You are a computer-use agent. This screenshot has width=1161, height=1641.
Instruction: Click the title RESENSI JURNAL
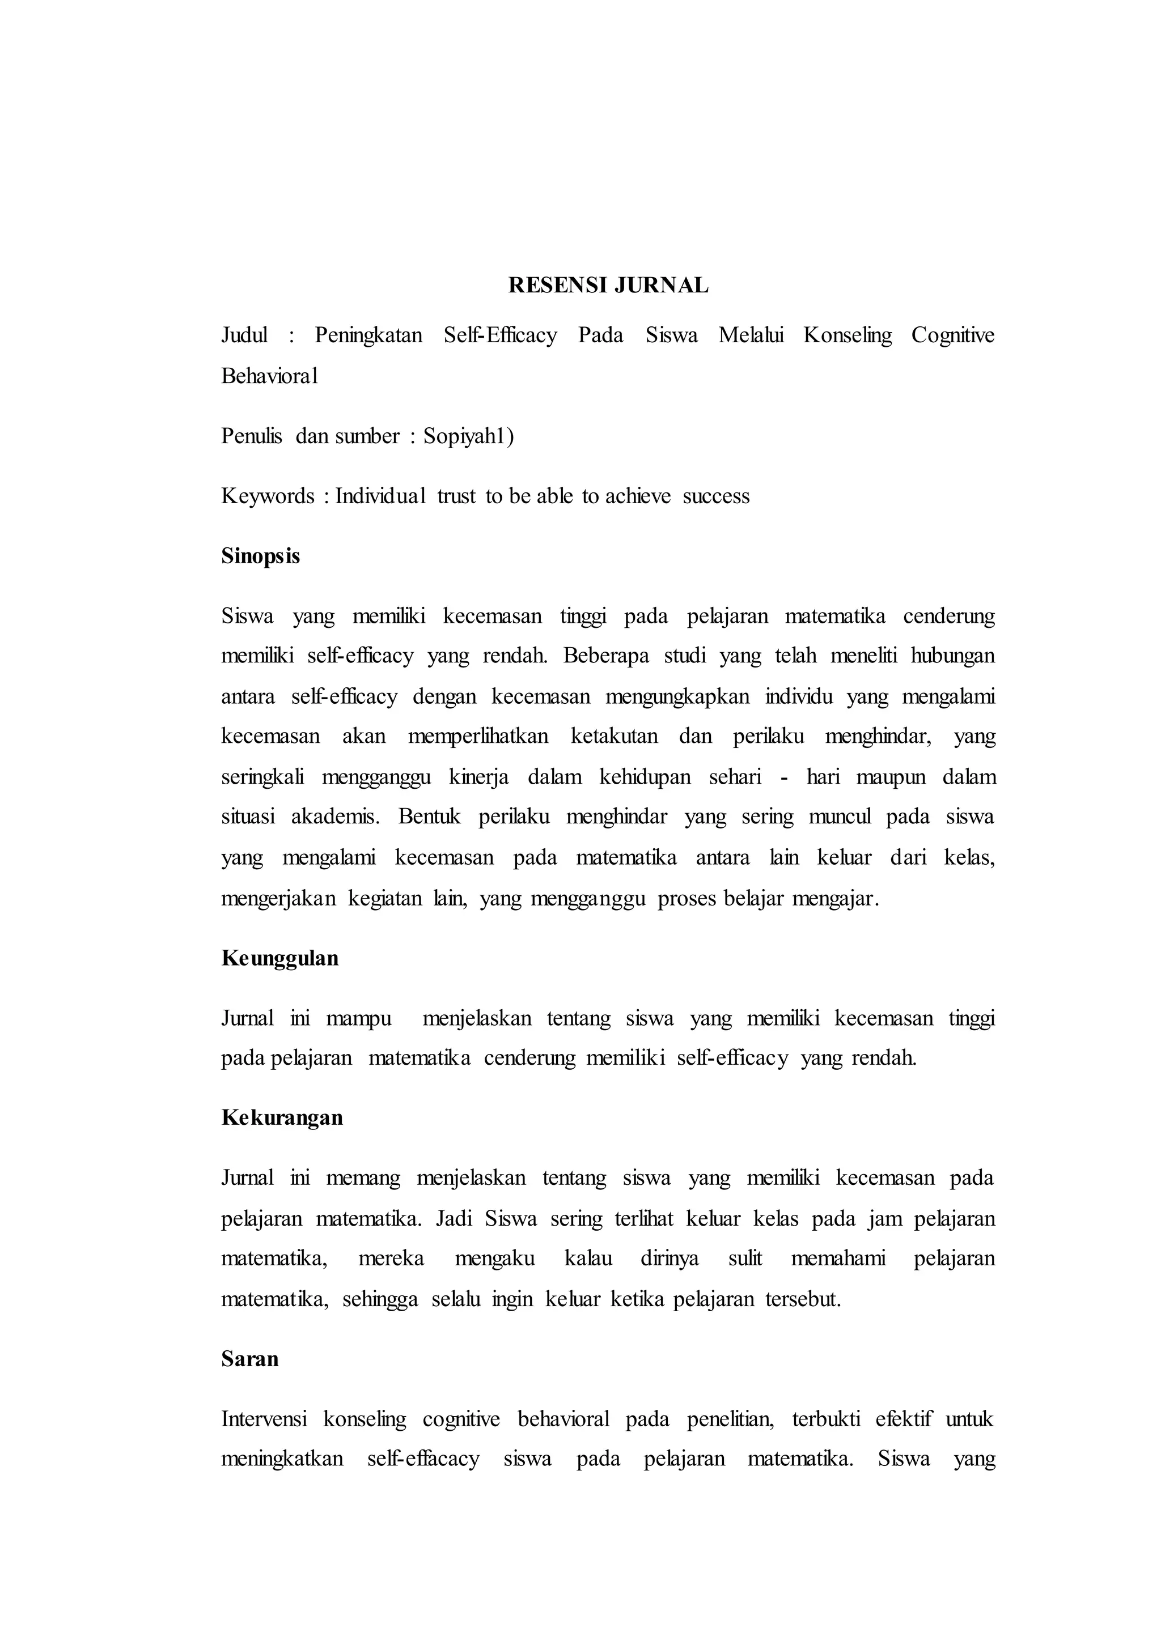(608, 285)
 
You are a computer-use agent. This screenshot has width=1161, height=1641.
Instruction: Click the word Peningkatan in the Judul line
(368, 335)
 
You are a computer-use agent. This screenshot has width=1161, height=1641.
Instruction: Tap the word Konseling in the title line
(847, 335)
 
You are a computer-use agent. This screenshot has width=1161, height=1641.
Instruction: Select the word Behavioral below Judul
(269, 376)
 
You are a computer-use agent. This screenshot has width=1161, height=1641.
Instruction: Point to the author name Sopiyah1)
(468, 436)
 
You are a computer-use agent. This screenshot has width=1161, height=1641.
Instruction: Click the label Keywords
(268, 496)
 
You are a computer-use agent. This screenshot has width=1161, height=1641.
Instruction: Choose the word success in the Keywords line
(715, 496)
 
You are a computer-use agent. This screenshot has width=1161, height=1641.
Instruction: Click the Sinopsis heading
(260, 556)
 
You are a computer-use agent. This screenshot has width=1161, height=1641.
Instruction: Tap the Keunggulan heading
(279, 958)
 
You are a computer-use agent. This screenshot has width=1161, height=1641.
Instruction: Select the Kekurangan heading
(282, 1118)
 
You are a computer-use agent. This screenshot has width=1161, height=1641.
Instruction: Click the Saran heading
(249, 1359)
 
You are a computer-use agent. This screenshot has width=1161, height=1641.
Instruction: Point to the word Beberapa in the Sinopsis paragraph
(605, 656)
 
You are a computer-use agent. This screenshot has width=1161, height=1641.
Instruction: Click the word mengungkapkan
(677, 697)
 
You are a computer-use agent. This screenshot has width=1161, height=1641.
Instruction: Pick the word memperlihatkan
(477, 736)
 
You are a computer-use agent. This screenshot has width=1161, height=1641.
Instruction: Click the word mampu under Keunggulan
(359, 1018)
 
